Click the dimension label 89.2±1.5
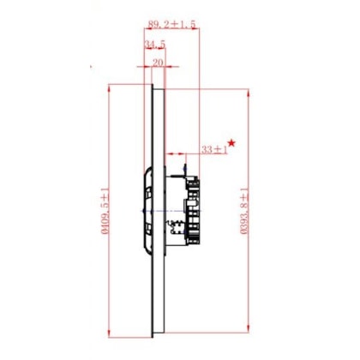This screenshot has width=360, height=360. pyautogui.click(x=171, y=24)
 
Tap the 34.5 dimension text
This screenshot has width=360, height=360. pyautogui.click(x=155, y=45)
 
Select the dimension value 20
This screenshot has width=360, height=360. pyautogui.click(x=158, y=63)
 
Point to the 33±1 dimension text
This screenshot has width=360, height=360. pyautogui.click(x=214, y=149)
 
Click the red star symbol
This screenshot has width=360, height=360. pyautogui.click(x=231, y=142)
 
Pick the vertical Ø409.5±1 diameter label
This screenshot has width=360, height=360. pyautogui.click(x=105, y=211)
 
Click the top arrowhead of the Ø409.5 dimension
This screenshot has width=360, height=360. pyautogui.click(x=109, y=88)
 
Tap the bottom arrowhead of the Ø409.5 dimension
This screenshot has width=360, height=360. pyautogui.click(x=109, y=333)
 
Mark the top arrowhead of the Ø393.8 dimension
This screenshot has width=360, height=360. pyautogui.click(x=249, y=93)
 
